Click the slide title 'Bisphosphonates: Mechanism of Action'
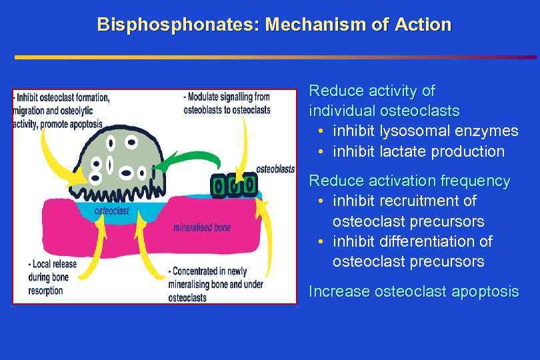[x=274, y=25]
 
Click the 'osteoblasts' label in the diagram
[x=275, y=169]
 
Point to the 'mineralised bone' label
[x=202, y=227]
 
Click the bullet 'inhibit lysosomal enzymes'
[x=425, y=131]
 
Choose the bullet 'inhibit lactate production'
[x=419, y=151]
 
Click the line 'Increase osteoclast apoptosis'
[x=413, y=291]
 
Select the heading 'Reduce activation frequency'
[x=409, y=181]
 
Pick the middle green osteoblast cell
[x=235, y=185]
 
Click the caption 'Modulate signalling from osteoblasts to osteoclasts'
[x=227, y=103]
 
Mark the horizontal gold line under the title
[x=267, y=57]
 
